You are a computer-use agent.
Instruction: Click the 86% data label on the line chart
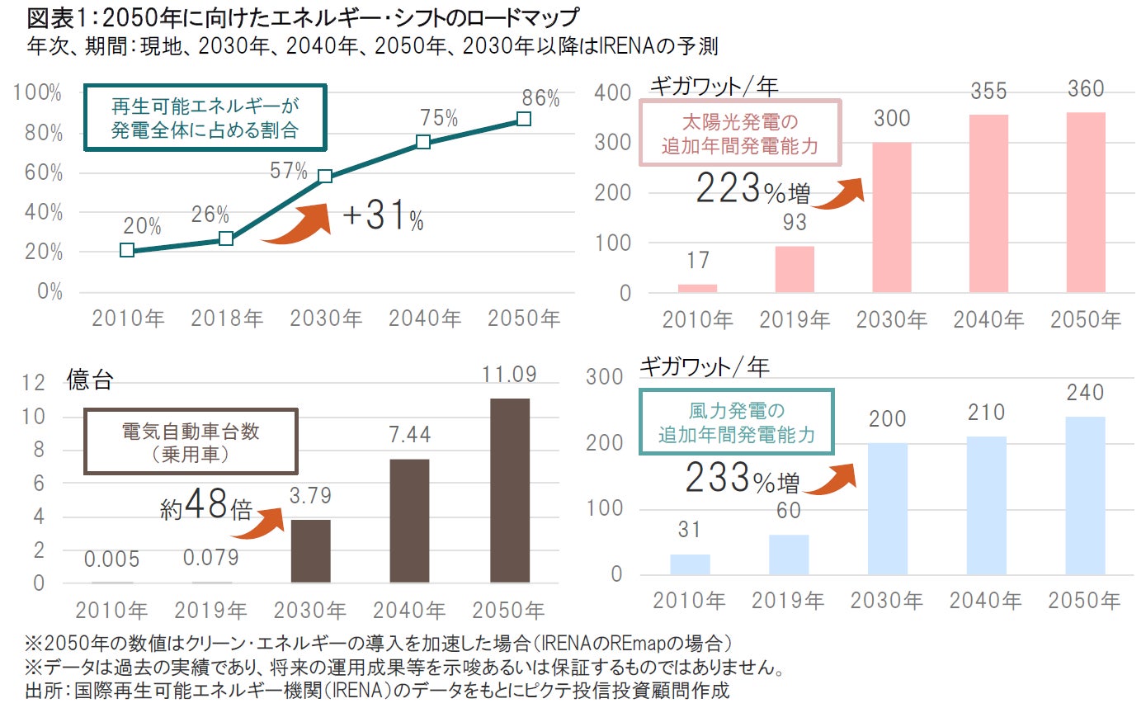point(540,99)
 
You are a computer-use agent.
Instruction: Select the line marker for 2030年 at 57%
point(325,176)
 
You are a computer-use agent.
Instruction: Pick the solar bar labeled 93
point(795,269)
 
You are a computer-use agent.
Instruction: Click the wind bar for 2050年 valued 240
point(1085,495)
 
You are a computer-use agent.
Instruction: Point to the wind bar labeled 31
point(690,564)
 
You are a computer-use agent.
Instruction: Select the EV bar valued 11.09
point(509,490)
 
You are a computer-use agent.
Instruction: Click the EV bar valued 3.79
point(311,551)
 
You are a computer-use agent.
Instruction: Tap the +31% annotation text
point(382,218)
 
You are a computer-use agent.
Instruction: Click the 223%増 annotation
point(752,190)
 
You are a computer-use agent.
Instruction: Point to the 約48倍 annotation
point(205,505)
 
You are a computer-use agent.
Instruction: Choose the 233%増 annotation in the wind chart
point(742,478)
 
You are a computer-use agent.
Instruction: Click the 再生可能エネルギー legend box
point(205,117)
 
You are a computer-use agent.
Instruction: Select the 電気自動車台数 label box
point(190,441)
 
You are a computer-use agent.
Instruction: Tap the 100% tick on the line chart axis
point(39,93)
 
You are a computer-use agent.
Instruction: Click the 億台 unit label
point(90,380)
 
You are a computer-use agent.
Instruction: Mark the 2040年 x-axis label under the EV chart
point(410,611)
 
